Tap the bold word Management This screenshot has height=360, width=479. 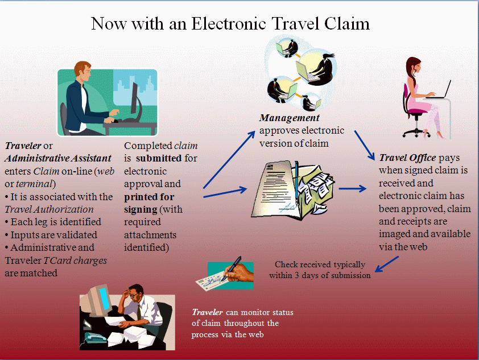pyautogui.click(x=289, y=118)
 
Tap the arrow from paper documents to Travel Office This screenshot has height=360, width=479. pyautogui.click(x=353, y=188)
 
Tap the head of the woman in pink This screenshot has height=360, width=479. pyautogui.click(x=414, y=64)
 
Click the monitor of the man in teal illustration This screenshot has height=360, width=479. pyautogui.click(x=135, y=97)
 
